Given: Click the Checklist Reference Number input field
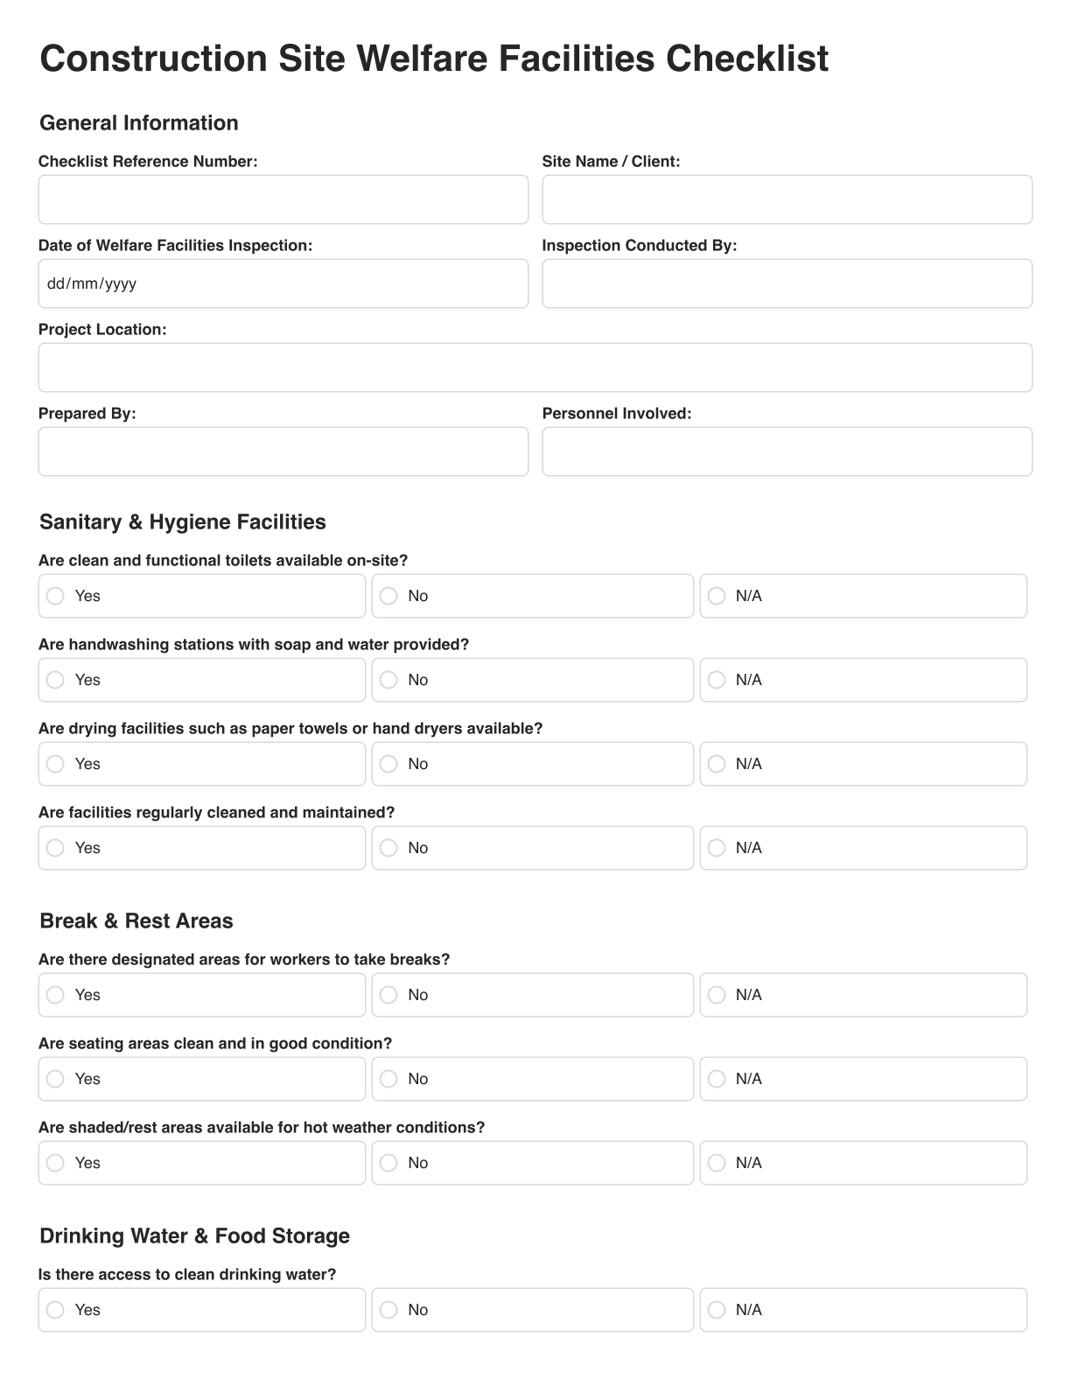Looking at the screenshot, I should pyautogui.click(x=283, y=199).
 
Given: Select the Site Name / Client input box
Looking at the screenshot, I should pyautogui.click(x=787, y=199).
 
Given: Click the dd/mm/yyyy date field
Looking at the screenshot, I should pyautogui.click(x=283, y=283).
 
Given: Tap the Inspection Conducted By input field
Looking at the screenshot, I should pyautogui.click(x=787, y=283).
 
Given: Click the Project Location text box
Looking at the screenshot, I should pyautogui.click(x=535, y=367).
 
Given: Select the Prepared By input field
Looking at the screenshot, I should pyautogui.click(x=283, y=451).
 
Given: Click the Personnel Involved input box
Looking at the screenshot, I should pyautogui.click(x=787, y=451).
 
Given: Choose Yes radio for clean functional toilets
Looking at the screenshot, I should pyautogui.click(x=56, y=596).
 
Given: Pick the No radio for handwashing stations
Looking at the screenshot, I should pyautogui.click(x=388, y=680).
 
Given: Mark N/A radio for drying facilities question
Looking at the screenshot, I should pyautogui.click(x=717, y=764).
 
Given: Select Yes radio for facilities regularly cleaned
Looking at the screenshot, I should pyautogui.click(x=56, y=848).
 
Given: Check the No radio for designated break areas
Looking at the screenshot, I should pyautogui.click(x=388, y=995).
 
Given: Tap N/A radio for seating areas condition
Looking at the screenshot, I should pyautogui.click(x=717, y=1079).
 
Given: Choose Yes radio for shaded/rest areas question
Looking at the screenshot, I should pyautogui.click(x=56, y=1163).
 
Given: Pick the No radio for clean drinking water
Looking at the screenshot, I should pyautogui.click(x=388, y=1310).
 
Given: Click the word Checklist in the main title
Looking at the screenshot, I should pyautogui.click(x=746, y=59).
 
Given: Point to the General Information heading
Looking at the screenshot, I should pyautogui.click(x=139, y=122).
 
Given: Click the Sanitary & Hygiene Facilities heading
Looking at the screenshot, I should pyautogui.click(x=183, y=521).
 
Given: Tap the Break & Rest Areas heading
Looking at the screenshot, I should pyautogui.click(x=136, y=920).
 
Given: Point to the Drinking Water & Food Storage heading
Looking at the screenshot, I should pyautogui.click(x=194, y=1235).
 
